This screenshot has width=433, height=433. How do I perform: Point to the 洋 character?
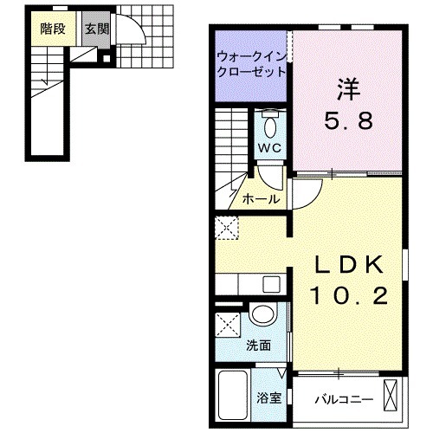click(x=348, y=87)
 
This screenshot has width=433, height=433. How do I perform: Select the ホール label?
click(x=262, y=199)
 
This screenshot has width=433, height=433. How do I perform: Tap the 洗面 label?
click(x=258, y=345)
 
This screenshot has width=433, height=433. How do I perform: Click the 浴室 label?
click(x=268, y=399)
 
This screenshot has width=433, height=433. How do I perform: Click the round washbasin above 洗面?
click(x=262, y=315)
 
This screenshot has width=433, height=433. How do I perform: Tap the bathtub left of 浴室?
click(x=233, y=395)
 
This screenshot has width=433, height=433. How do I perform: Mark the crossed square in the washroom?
click(x=229, y=328)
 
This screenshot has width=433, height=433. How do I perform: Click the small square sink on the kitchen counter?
click(x=271, y=284)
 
